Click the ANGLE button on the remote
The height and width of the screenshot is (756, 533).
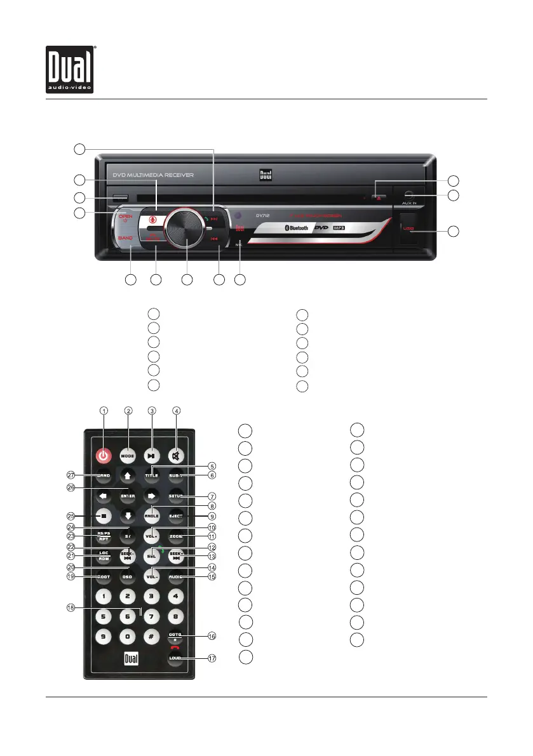tap(152, 515)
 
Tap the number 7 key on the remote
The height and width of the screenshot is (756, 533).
tap(152, 616)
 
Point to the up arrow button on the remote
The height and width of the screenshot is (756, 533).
tap(128, 475)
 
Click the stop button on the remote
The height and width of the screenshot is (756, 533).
tap(104, 515)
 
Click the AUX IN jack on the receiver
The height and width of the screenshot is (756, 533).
tap(409, 193)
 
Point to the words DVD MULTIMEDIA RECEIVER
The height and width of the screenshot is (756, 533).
tap(153, 175)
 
